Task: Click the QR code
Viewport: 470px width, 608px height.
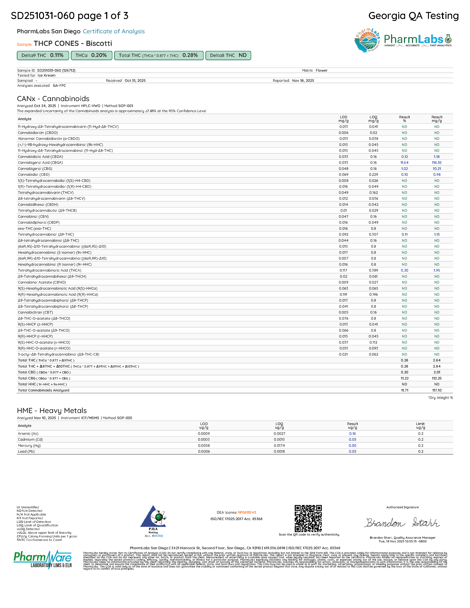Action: tap(308, 518)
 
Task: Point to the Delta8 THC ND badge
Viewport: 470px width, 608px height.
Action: tap(228, 55)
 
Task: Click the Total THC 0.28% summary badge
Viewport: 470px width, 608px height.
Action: tap(159, 55)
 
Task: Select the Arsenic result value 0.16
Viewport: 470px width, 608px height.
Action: tap(352, 434)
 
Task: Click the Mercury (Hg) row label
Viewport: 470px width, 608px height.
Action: tap(29, 445)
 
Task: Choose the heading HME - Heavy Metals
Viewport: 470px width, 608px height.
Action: tap(52, 411)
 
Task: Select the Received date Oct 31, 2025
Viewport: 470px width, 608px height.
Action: tap(135, 81)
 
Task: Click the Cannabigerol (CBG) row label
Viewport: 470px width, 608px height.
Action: tap(35, 169)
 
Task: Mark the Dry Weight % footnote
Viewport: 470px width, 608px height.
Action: tap(440, 398)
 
